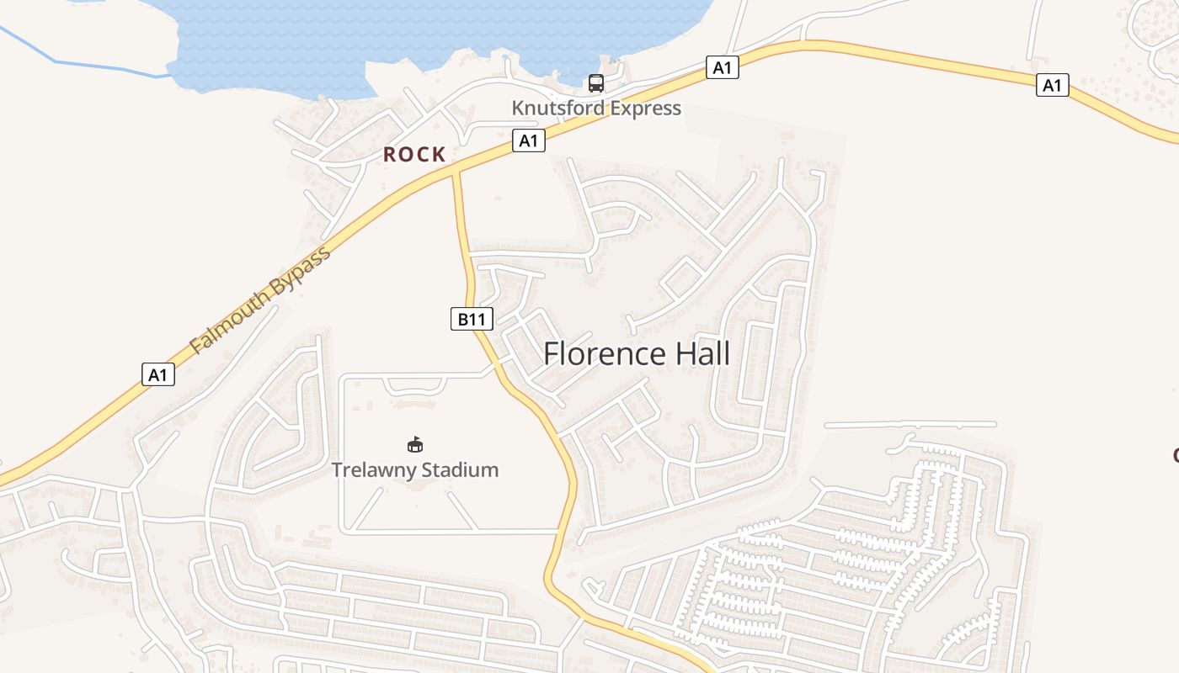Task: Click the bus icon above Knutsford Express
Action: tap(596, 83)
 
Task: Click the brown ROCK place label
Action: tap(414, 155)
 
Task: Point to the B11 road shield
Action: tap(472, 319)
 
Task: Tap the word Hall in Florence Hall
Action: tap(703, 354)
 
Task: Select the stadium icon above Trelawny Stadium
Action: tap(414, 444)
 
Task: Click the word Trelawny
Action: tap(371, 469)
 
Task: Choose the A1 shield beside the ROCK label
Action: tap(529, 140)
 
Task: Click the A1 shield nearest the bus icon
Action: tap(722, 67)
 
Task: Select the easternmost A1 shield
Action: tap(1052, 85)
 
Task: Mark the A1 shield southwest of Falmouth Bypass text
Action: tap(158, 374)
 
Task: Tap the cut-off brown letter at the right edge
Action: tap(1175, 456)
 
